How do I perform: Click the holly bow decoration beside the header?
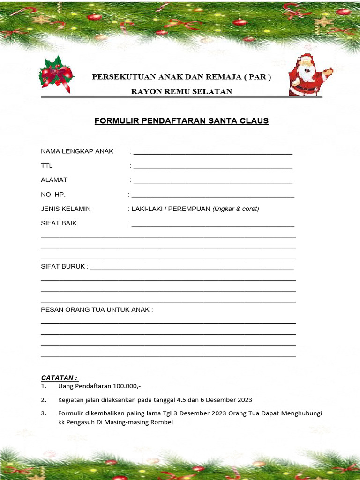(56, 74)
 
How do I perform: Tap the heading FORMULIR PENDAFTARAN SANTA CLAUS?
(181, 121)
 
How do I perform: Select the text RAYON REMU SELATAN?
(181, 91)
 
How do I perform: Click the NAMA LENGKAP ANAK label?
(77, 151)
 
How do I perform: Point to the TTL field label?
(47, 165)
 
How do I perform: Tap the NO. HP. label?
(53, 195)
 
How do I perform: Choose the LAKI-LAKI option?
(146, 209)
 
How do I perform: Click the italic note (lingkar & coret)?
(236, 209)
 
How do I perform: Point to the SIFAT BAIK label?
(59, 223)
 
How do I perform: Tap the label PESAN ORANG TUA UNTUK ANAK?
(96, 309)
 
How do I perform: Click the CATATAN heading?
(59, 378)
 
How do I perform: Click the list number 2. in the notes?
(43, 400)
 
